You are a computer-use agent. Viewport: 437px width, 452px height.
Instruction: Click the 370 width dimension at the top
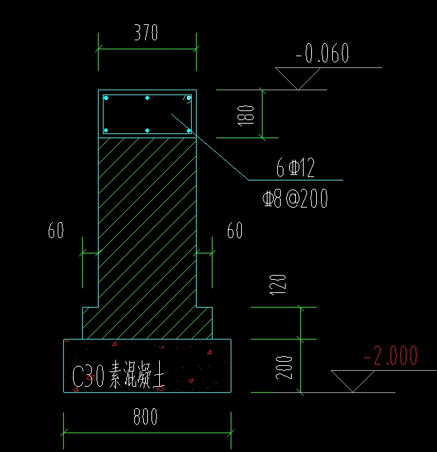[147, 33]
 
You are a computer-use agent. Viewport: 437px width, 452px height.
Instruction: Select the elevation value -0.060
[322, 53]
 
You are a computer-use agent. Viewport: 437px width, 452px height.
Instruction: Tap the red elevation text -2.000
[390, 357]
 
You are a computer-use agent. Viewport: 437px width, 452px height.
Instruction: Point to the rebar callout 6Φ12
[295, 167]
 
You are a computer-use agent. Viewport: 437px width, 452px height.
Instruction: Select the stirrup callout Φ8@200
[295, 200]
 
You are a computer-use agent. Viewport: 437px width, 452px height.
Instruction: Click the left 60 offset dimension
[56, 231]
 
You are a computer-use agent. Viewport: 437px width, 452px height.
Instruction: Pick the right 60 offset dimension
[236, 231]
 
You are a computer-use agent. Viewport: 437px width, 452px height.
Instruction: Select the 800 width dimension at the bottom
[146, 417]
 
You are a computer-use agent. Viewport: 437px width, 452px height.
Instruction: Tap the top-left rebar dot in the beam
[106, 99]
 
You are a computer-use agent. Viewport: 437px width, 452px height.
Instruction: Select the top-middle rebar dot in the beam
[147, 99]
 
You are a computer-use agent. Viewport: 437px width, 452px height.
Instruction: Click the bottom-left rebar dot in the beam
[106, 130]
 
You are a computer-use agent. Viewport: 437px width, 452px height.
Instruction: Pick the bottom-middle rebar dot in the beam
[147, 130]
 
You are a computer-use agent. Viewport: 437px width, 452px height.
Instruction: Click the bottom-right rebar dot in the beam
[188, 130]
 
